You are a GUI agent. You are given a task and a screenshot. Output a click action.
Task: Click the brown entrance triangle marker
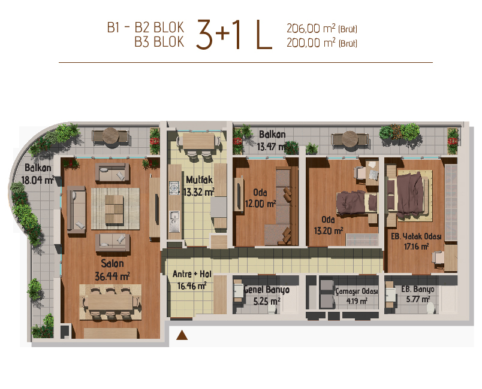[182, 335]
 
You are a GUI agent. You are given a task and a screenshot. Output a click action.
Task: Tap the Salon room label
[113, 263]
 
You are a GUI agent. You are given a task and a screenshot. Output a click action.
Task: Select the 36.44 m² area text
[112, 276]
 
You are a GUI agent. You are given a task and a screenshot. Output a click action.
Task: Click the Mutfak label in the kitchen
[199, 180]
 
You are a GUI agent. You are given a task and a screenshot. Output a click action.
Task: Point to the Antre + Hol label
[192, 273]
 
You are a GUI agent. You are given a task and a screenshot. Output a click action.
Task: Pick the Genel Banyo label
[267, 290]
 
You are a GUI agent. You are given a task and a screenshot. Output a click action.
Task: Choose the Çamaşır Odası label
[357, 291]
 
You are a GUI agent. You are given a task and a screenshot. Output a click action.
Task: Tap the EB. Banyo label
[418, 289]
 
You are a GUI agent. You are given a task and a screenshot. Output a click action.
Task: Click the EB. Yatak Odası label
[416, 236]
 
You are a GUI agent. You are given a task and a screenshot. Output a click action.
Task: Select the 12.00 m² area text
[260, 203]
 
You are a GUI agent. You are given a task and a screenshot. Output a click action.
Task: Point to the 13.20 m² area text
[329, 230]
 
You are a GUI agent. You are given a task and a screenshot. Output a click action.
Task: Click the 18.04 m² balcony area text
[38, 180]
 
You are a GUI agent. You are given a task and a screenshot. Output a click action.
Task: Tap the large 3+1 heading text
[218, 34]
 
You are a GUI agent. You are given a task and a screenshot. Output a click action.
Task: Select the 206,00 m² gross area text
[322, 29]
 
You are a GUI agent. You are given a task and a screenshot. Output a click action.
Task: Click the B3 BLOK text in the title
[159, 42]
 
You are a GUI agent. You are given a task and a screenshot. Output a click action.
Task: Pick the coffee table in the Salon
[114, 209]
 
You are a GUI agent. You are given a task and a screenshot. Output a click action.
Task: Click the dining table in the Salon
[110, 302]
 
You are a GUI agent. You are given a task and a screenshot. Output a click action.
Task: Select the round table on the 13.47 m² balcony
[350, 139]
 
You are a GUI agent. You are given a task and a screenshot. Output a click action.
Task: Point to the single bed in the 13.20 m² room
[357, 203]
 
